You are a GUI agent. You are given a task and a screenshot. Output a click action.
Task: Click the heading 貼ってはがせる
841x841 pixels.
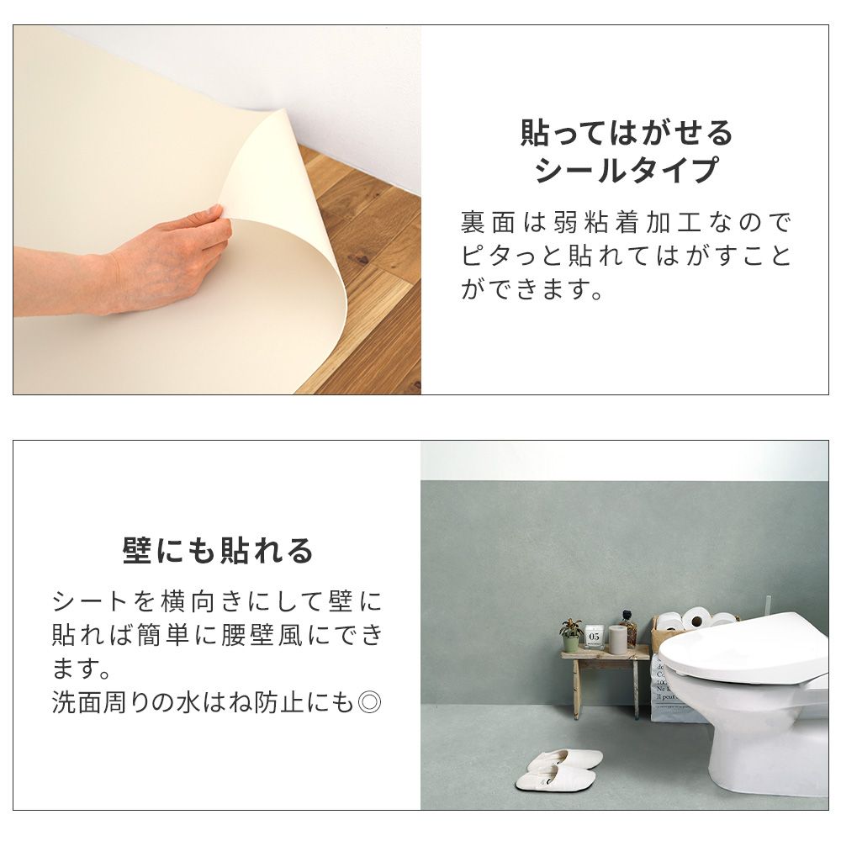627,133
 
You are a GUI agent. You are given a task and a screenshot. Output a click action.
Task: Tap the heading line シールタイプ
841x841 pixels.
627,171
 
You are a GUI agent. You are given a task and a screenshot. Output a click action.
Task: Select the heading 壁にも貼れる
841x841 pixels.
217,551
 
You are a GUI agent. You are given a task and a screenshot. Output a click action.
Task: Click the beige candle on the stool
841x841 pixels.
617,639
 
